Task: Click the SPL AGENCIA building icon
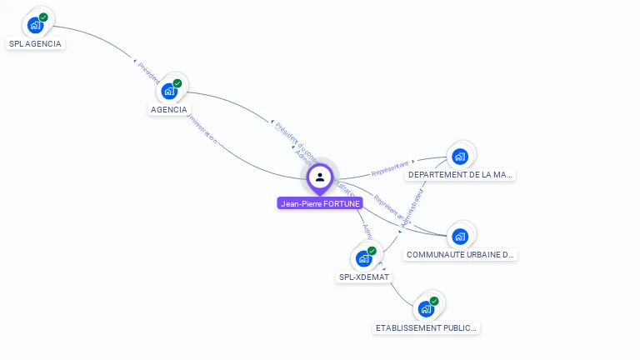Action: click(35, 25)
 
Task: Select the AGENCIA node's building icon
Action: click(169, 91)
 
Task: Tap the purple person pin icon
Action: click(320, 177)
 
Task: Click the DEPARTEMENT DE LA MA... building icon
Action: click(459, 157)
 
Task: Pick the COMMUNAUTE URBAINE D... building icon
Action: click(460, 236)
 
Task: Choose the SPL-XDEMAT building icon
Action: click(363, 258)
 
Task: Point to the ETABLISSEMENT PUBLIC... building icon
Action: click(426, 309)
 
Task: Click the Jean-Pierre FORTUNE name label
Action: click(320, 203)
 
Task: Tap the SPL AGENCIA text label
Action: click(35, 43)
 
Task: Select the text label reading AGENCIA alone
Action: click(169, 109)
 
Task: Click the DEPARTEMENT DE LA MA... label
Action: click(460, 175)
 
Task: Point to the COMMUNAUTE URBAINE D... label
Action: click(461, 254)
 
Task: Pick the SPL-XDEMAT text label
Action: click(364, 277)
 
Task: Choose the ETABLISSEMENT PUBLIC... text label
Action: click(427, 327)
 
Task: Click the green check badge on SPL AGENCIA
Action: click(43, 17)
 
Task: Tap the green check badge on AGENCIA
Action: click(177, 83)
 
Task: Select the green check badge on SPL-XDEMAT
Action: click(372, 251)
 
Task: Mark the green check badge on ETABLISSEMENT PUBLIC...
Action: click(434, 301)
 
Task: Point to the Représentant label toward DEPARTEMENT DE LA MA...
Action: click(391, 167)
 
